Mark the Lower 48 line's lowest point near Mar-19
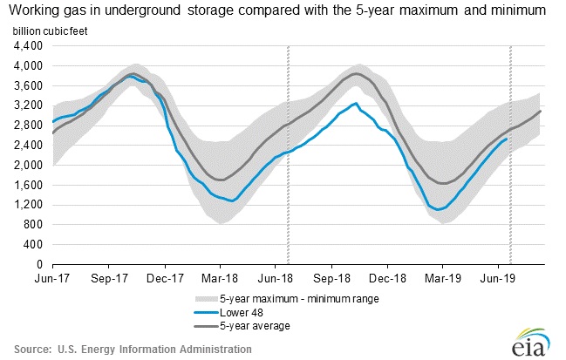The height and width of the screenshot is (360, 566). [x=439, y=209]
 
